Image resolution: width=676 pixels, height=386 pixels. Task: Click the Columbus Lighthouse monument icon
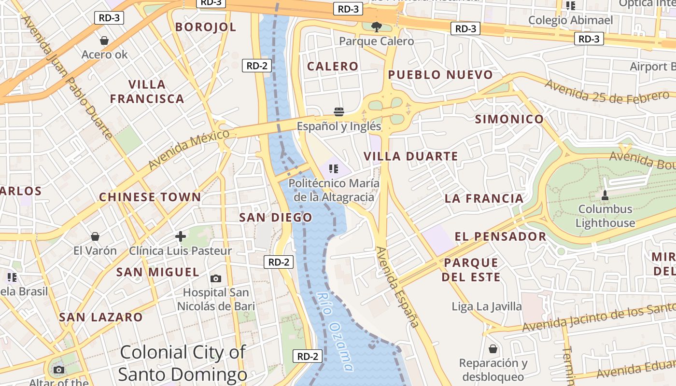coord(605,195)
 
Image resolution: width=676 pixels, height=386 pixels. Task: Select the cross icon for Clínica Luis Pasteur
coord(181,236)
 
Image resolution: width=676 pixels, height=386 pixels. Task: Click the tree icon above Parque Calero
coord(377,27)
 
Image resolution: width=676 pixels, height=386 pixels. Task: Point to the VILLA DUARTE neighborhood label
coord(410,156)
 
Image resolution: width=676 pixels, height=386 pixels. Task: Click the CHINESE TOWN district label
coord(150,197)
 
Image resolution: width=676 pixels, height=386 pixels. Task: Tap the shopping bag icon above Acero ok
coord(104,41)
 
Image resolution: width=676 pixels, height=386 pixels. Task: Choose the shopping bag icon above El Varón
coord(95,236)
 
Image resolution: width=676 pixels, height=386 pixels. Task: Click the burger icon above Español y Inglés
coord(339,112)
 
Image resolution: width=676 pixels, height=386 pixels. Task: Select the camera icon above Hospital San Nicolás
coord(216,278)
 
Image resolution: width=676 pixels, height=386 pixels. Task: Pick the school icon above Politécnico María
coord(333,169)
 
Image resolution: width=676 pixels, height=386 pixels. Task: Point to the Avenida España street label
coord(397,287)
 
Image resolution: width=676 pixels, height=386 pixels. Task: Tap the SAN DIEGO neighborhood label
coord(276,218)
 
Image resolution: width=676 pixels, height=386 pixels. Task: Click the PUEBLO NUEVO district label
coord(440,75)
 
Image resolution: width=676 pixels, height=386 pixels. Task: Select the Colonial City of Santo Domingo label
coord(183,363)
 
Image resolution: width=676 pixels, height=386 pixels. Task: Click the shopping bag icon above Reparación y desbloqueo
coord(493,348)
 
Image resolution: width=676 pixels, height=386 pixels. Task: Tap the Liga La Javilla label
coord(487,306)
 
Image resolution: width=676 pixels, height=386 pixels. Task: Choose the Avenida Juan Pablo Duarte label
coord(67,77)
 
